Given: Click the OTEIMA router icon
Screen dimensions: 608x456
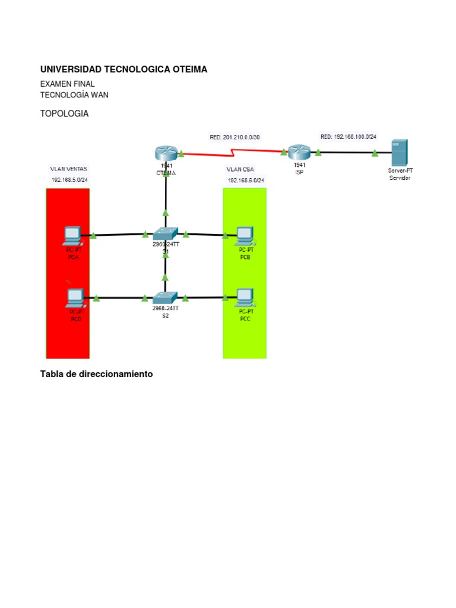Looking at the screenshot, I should coord(165,153).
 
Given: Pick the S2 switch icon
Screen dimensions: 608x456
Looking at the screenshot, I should coord(165,297).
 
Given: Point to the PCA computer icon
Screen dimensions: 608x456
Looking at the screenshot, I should coord(73,236).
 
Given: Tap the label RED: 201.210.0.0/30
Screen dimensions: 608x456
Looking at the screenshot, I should coord(235,137).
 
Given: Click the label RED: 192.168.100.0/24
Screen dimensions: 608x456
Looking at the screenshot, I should coord(349,137).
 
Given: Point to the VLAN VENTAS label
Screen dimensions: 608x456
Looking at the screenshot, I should coord(68,169).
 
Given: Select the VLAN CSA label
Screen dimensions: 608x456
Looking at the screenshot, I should coord(240,169).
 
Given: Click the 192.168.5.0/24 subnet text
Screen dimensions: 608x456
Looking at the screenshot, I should coord(69,180).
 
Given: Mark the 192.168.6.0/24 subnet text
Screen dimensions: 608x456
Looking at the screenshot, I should coord(246,180).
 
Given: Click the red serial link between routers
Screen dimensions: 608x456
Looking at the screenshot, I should coord(232,153).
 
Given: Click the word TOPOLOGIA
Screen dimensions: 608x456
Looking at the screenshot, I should coord(64,114).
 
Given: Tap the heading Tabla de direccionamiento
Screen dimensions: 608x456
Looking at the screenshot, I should coord(96,374).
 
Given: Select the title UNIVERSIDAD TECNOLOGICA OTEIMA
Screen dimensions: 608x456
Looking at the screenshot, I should coord(123,69).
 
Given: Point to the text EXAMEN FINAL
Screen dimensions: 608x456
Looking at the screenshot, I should coord(67,84).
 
